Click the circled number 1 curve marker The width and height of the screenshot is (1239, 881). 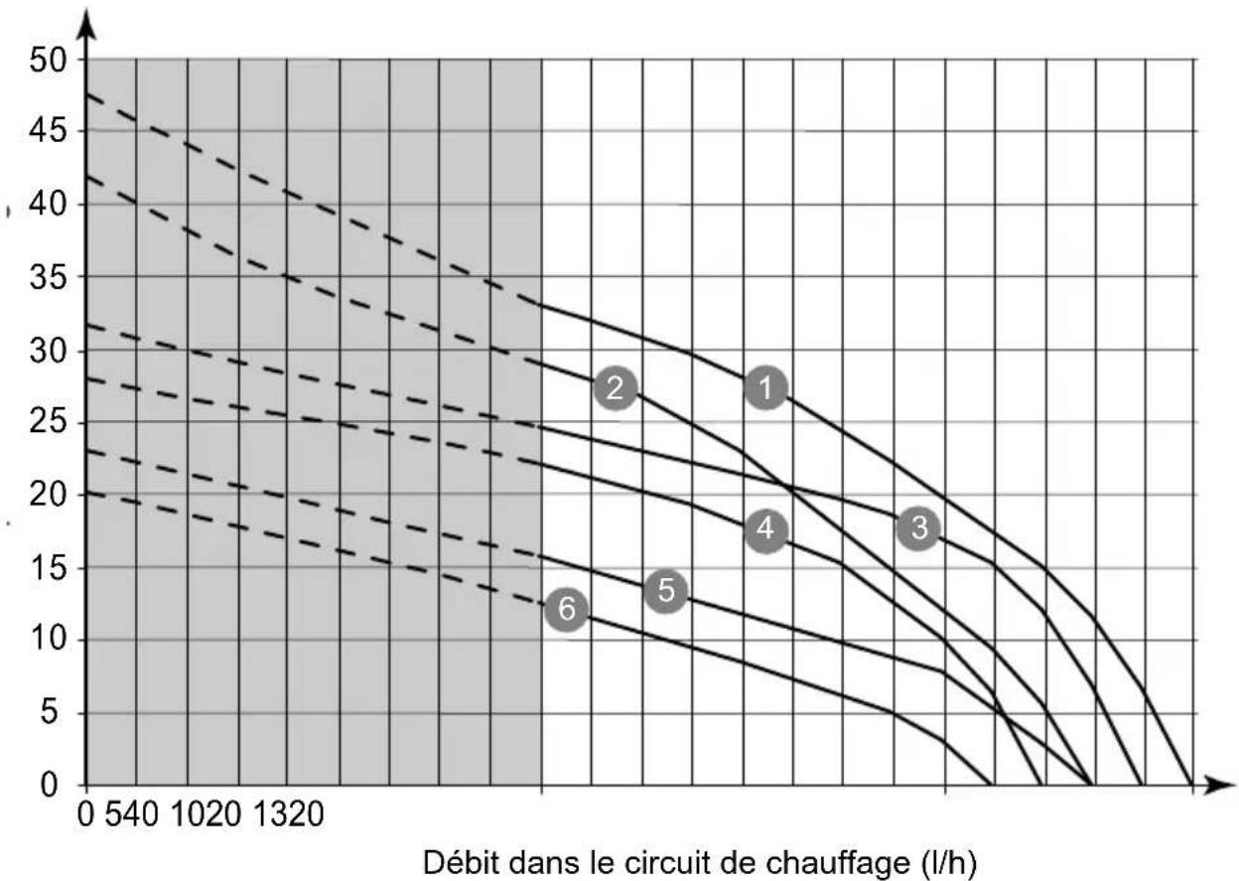(x=765, y=388)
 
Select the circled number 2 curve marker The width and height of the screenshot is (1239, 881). (x=616, y=388)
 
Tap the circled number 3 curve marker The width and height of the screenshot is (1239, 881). (x=918, y=528)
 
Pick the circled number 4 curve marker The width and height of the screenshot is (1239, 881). (x=764, y=529)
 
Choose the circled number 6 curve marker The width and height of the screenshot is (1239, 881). (x=566, y=609)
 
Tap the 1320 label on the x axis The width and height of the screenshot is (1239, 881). (x=289, y=816)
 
